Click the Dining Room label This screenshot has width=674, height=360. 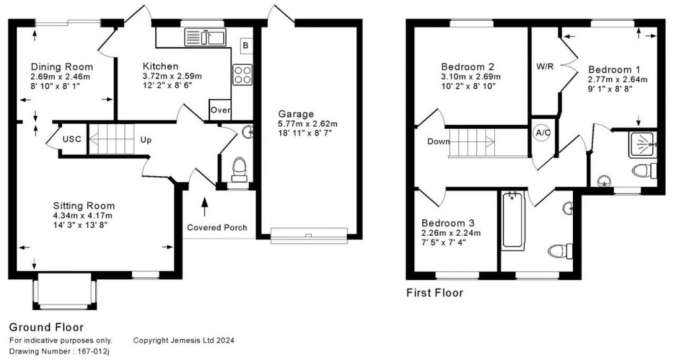pos(61,67)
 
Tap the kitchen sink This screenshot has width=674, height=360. pos(206,37)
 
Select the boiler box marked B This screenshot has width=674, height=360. pos(245,46)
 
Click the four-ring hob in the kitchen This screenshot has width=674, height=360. pos(243,73)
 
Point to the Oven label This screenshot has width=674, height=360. pos(220,110)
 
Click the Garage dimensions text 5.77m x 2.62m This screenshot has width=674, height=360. pos(307,124)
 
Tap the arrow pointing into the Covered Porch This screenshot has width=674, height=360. pos(204,205)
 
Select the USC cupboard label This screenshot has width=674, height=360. pos(72,140)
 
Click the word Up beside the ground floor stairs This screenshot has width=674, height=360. pos(146,140)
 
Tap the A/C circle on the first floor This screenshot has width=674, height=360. pos(543,132)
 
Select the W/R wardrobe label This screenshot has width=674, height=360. pos(544,67)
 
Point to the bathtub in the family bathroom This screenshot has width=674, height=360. pos(513,220)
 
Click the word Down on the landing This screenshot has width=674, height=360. pos(439,141)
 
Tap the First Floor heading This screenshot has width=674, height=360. pos(434,293)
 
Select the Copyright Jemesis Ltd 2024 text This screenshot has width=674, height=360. pos(184,340)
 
